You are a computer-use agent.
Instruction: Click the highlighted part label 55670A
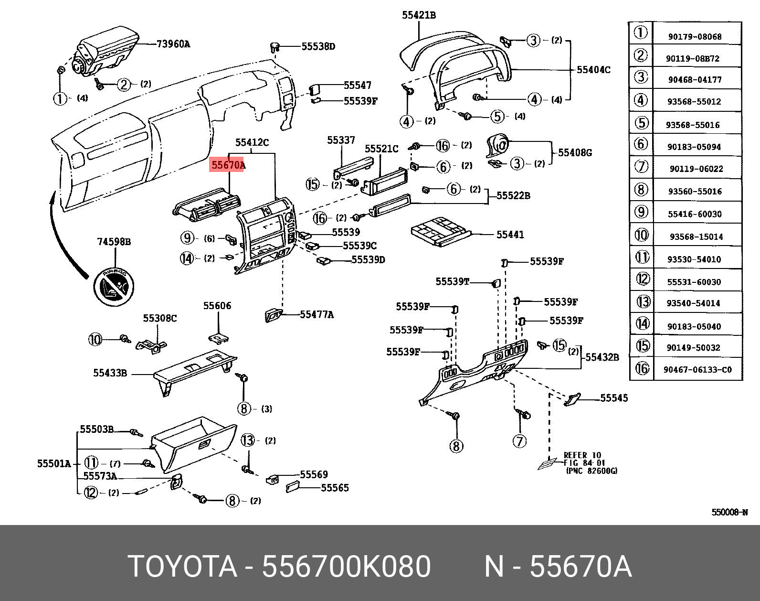(228, 165)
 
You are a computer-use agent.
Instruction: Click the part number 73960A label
(174, 44)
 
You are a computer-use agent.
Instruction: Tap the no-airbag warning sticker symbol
(113, 285)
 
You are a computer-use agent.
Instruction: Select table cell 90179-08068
(694, 37)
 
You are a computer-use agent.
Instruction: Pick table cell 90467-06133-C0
(697, 369)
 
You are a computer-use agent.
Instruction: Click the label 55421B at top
(419, 15)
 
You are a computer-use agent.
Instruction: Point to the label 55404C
(593, 70)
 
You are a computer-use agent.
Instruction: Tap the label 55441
(510, 235)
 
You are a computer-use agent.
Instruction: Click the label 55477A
(317, 314)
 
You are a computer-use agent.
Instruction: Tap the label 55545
(613, 398)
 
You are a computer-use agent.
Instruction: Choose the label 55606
(217, 306)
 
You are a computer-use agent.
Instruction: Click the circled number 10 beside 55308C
(95, 340)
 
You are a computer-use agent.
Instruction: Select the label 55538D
(318, 46)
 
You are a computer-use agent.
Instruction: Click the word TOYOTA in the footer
(182, 567)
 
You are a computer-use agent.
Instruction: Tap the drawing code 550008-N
(729, 512)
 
